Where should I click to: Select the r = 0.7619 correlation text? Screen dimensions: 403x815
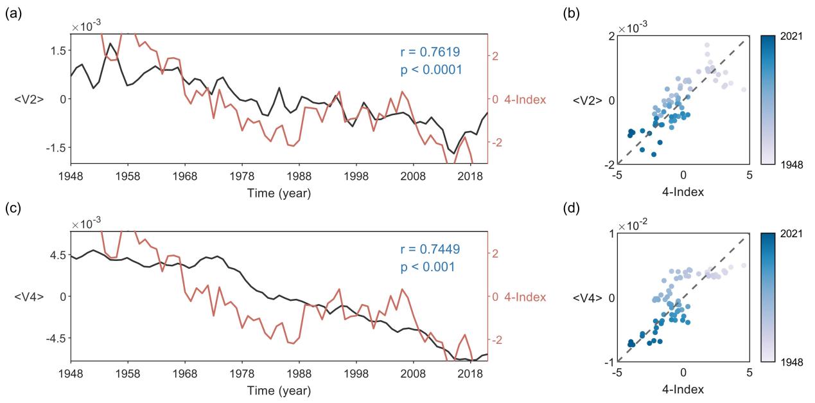429,51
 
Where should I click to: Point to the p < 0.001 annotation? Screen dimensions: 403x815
429,267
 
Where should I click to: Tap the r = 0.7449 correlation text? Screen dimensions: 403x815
429,249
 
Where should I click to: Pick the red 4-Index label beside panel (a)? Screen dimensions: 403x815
525,99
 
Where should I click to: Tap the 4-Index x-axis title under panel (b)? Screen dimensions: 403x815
683,191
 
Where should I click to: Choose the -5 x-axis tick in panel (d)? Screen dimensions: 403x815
617,372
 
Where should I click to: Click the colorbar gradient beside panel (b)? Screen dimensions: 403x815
769,100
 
